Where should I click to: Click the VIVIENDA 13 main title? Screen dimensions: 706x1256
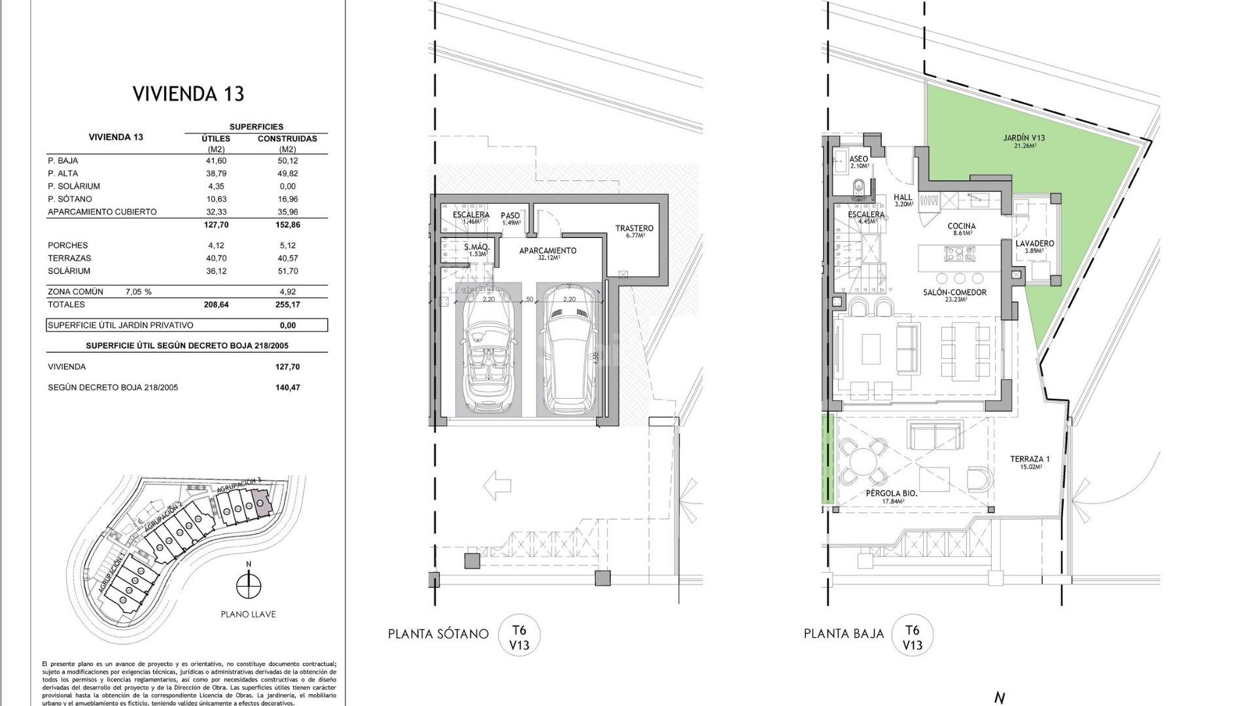(x=188, y=94)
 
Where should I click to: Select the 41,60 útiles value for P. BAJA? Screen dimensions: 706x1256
(x=217, y=161)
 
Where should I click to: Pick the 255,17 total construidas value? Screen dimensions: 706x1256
(x=287, y=305)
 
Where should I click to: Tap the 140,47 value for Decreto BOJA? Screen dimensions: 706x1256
(x=287, y=388)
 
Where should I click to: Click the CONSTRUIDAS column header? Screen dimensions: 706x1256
(x=287, y=139)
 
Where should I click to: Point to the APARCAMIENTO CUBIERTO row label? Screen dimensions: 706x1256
(x=102, y=212)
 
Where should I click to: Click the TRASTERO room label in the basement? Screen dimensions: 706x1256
(x=634, y=229)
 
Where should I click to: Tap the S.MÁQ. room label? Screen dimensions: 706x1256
(x=477, y=248)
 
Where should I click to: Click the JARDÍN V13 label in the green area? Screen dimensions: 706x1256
(x=1024, y=139)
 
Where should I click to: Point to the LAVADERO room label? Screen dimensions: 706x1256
(x=1034, y=244)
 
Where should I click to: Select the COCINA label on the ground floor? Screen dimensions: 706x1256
(x=962, y=226)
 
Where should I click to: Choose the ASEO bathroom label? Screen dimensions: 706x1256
(x=858, y=160)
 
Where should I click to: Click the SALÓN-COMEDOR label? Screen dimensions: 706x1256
(x=954, y=293)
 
